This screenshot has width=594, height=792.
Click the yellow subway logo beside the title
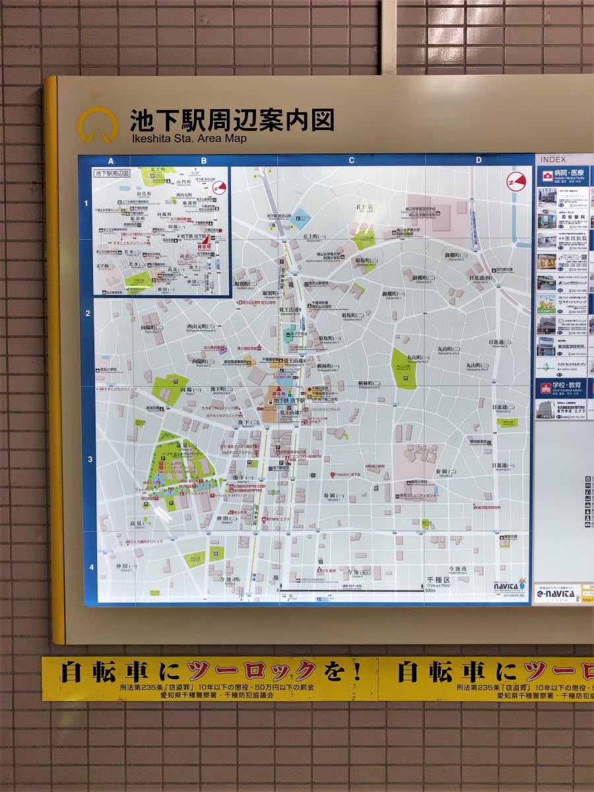(x=98, y=125)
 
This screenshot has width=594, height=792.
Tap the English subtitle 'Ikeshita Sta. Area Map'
(x=188, y=139)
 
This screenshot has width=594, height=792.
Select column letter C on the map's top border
(x=352, y=160)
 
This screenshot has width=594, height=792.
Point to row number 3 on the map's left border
(x=88, y=459)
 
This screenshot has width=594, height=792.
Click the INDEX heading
(x=552, y=160)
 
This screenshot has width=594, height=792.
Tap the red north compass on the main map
(x=515, y=181)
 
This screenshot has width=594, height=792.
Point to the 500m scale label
(x=430, y=591)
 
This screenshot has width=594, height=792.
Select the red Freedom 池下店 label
(x=346, y=475)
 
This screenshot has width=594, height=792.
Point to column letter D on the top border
(x=478, y=160)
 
